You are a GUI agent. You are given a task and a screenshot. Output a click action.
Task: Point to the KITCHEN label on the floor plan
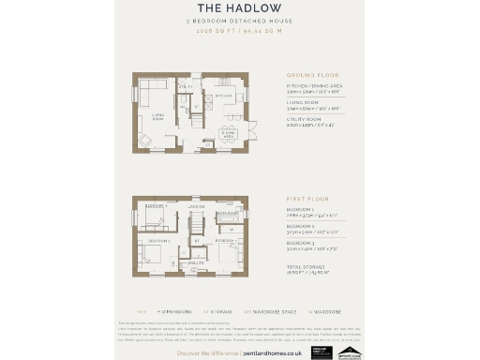pyautogui.click(x=223, y=96)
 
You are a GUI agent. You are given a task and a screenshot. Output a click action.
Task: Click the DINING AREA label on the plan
pyautogui.click(x=228, y=134)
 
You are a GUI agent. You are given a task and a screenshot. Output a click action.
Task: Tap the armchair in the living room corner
pyautogui.click(x=144, y=140)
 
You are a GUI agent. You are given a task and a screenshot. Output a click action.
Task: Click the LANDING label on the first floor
pyautogui.click(x=196, y=207)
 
